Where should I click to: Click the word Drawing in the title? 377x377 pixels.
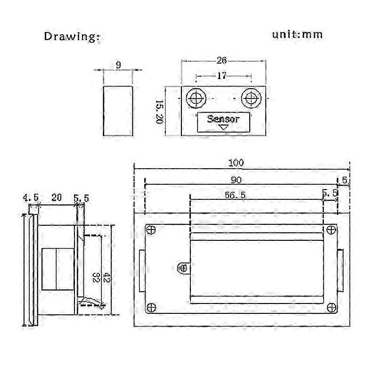tap(72, 37)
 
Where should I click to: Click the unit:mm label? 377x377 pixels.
tap(297, 34)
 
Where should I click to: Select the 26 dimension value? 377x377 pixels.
tap(221, 60)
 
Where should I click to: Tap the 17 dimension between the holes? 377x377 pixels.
tap(221, 76)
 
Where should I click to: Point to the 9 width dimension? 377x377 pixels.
tap(118, 65)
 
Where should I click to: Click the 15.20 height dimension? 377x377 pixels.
tap(159, 112)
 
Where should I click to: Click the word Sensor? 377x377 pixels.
tap(223, 119)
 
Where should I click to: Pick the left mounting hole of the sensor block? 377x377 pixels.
tap(196, 98)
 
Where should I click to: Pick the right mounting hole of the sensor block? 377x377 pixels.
tap(251, 98)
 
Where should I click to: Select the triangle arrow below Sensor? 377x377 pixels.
tap(223, 127)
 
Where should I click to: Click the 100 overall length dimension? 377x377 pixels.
tap(236, 163)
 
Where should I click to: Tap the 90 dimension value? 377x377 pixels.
tap(236, 180)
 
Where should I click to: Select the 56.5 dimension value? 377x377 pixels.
tap(235, 195)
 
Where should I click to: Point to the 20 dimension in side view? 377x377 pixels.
tap(57, 197)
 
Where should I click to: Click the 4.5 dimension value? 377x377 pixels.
tap(31, 197)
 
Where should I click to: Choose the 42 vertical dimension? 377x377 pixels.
tap(107, 277)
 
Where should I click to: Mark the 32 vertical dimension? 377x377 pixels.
tap(96, 277)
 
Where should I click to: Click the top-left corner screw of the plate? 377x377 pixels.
tap(151, 230)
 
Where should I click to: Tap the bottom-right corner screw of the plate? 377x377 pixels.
tap(332, 308)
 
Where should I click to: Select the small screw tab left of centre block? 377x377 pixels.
tap(183, 268)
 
